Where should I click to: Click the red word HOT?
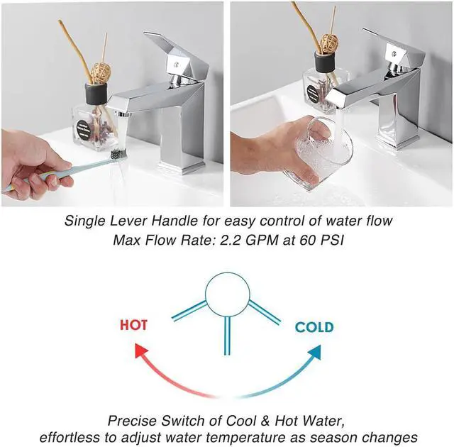click(134, 325)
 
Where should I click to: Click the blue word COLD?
click(314, 327)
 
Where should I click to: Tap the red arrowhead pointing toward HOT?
click(142, 350)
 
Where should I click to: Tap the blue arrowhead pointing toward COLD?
click(314, 352)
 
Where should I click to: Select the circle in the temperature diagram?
click(227, 294)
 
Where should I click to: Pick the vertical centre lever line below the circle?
click(227, 336)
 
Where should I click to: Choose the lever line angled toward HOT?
click(189, 311)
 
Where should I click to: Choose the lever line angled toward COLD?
click(265, 312)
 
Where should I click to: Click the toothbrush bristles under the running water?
click(118, 154)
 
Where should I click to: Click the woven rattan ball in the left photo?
click(101, 73)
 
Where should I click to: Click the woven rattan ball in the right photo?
click(328, 44)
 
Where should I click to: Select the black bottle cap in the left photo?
click(96, 93)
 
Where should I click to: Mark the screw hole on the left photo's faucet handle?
click(176, 65)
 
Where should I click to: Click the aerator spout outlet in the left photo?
click(123, 114)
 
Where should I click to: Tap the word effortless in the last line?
click(70, 438)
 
